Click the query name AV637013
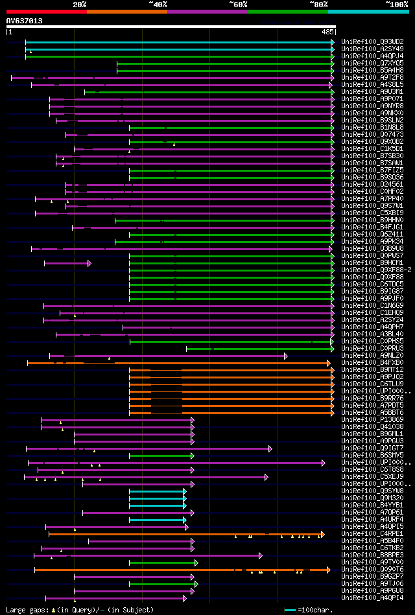click(25, 21)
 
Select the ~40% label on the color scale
click(158, 4)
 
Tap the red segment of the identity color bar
click(45, 11)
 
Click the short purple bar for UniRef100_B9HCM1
click(67, 263)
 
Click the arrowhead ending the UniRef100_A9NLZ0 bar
click(286, 356)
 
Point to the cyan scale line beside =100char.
click(290, 610)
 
